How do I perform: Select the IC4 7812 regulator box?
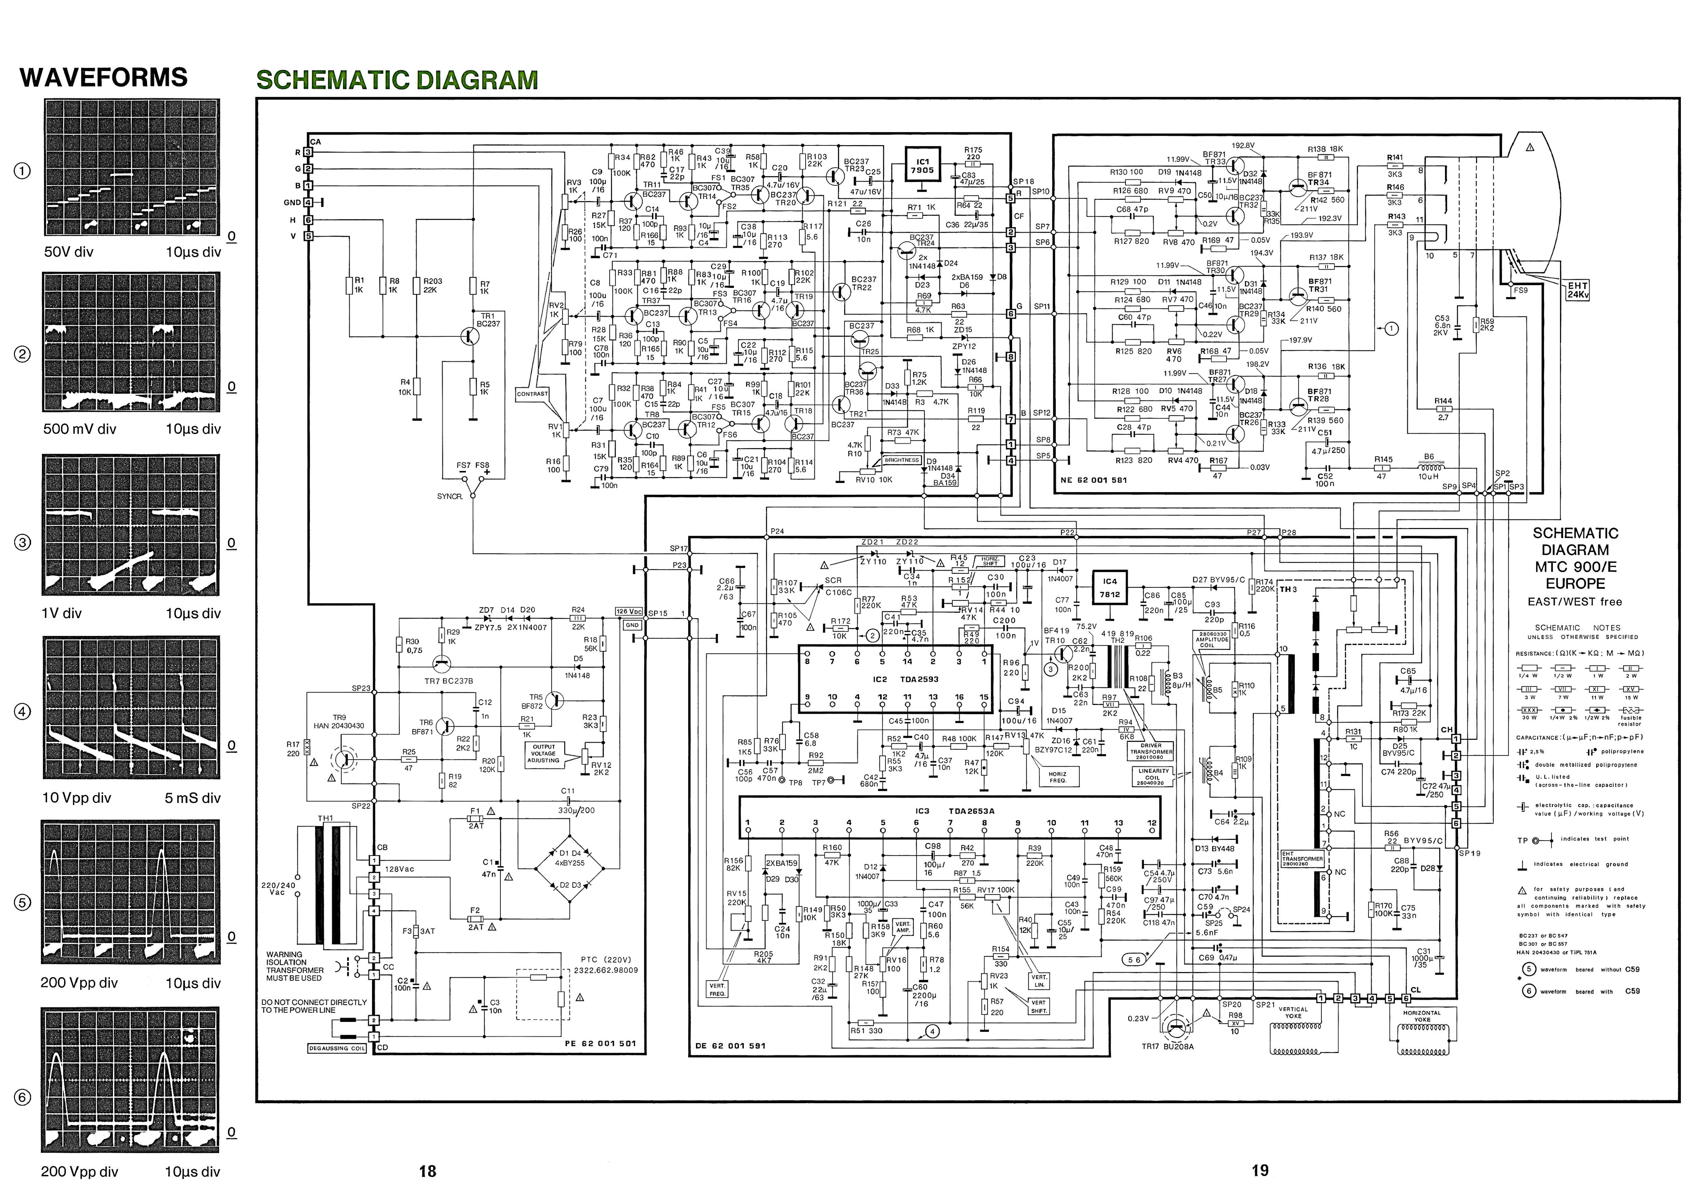pyautogui.click(x=1110, y=588)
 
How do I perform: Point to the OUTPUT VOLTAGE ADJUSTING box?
pyautogui.click(x=543, y=753)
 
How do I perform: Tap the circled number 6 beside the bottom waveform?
pyautogui.click(x=23, y=1098)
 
